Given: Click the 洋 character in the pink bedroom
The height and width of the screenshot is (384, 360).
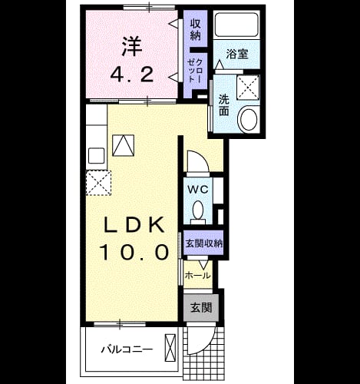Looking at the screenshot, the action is point(132,47).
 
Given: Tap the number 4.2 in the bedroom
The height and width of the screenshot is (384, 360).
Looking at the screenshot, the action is point(132,74).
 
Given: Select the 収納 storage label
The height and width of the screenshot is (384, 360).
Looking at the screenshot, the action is point(196,30).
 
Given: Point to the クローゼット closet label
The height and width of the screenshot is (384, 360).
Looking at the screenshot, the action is point(196,71).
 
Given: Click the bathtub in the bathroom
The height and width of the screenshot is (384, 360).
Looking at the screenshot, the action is point(236,25).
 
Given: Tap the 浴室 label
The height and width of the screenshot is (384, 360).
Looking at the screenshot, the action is point(237,54).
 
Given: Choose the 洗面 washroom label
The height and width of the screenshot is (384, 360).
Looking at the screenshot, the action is point(223,105).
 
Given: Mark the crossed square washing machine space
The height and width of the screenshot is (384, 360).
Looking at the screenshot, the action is point(248,88).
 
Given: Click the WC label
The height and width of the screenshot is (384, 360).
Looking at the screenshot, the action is point(198,190).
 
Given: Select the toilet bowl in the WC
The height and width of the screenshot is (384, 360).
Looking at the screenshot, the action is point(198,211).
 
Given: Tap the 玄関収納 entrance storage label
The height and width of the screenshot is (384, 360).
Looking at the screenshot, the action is point(204,243).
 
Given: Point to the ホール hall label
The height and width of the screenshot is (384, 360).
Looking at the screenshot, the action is point(198,276).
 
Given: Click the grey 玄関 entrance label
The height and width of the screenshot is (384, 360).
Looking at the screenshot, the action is point(201,307).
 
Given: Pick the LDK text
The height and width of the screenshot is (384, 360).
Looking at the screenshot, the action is point(134,224).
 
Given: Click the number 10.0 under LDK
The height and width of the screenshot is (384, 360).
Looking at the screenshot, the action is point(134,251).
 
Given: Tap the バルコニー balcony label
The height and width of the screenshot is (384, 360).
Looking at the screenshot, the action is point(127,349).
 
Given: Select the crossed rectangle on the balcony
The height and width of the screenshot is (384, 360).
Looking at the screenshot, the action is point(170,348).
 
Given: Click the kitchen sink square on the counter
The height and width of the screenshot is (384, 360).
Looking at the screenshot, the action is point(96,156).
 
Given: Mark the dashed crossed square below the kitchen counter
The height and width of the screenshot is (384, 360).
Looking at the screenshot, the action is point(98,183).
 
